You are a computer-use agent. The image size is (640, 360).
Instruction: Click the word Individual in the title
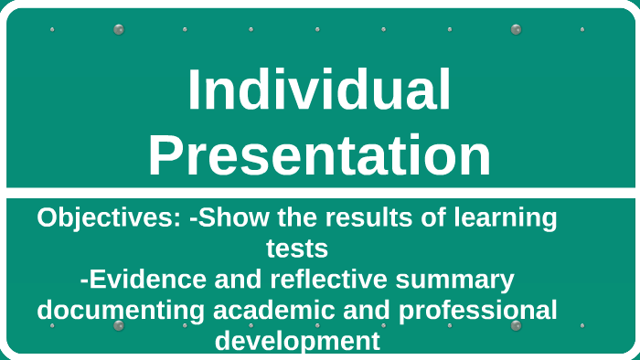pos(319,91)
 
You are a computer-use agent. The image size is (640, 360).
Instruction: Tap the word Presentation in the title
pos(319,155)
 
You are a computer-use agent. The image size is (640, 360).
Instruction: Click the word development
pos(297,341)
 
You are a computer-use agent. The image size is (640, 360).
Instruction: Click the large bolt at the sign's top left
pos(118,29)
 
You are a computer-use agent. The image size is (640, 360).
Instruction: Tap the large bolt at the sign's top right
pos(516,29)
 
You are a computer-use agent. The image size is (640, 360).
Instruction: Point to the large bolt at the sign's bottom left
pos(118,325)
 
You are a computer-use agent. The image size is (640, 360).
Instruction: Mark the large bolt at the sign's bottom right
pos(516,325)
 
